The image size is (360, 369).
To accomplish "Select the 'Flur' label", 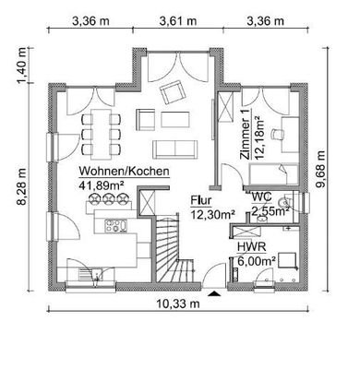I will (x=201, y=200).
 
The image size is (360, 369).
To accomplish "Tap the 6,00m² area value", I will (x=257, y=261).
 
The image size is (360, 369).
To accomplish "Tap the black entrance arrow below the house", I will (x=215, y=293).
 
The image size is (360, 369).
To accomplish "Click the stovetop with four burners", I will (x=116, y=224).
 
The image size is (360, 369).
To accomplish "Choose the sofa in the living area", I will (x=174, y=149).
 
